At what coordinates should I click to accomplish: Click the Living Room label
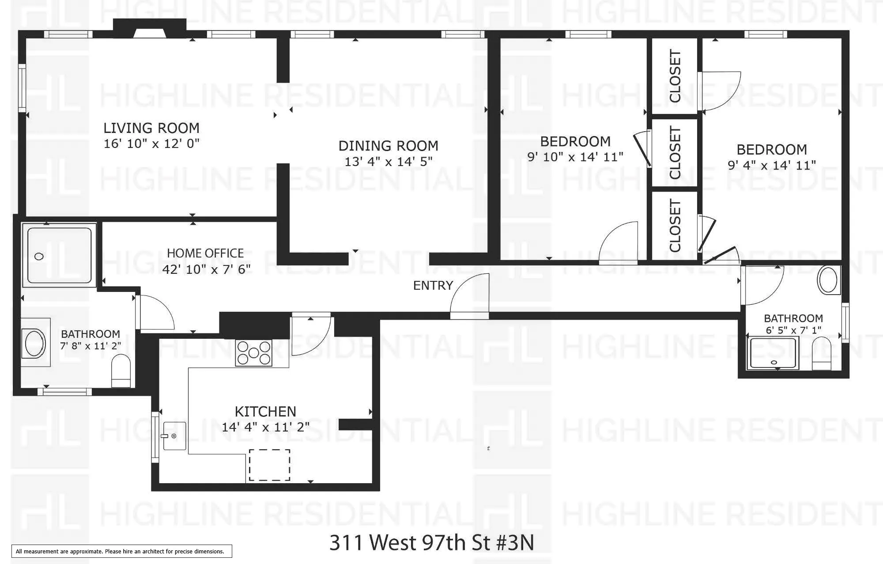pyautogui.click(x=151, y=128)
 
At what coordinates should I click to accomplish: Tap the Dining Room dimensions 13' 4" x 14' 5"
pyautogui.click(x=388, y=162)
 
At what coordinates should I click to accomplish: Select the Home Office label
pyautogui.click(x=205, y=253)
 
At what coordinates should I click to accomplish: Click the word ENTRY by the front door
pyautogui.click(x=433, y=286)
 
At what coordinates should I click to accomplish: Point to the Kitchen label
pyautogui.click(x=265, y=412)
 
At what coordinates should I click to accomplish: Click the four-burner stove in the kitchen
pyautogui.click(x=253, y=353)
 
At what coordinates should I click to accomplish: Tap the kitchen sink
pyautogui.click(x=174, y=436)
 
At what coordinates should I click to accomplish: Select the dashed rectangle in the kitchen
pyautogui.click(x=269, y=465)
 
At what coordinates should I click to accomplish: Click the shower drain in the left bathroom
pyautogui.click(x=39, y=256)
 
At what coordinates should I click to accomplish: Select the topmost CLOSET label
pyautogui.click(x=675, y=76)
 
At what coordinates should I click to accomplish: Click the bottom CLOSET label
pyautogui.click(x=675, y=225)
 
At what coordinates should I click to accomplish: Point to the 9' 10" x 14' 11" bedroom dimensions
pyautogui.click(x=575, y=157)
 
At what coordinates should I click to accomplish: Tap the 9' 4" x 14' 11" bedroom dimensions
pyautogui.click(x=772, y=165)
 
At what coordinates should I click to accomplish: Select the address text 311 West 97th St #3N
pyautogui.click(x=431, y=542)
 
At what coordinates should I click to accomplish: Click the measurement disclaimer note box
pyautogui.click(x=121, y=551)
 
